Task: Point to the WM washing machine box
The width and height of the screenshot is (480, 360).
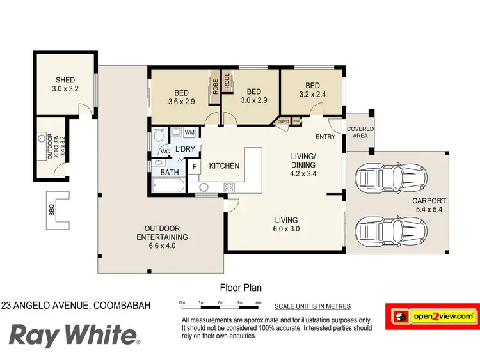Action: pos(189,132)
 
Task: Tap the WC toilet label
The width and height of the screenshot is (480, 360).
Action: pos(165,152)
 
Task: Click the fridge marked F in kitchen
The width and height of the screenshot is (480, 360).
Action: pos(195,167)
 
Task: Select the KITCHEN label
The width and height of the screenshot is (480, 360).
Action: pos(224,166)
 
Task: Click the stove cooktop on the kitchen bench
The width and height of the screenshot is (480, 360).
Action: pos(228,187)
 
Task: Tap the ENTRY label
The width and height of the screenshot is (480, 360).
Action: pos(325,137)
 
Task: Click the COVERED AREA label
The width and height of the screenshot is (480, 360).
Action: pos(360,133)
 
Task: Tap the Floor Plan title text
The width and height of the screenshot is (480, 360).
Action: pos(241,288)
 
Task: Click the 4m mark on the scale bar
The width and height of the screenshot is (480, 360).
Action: pos(259,302)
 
